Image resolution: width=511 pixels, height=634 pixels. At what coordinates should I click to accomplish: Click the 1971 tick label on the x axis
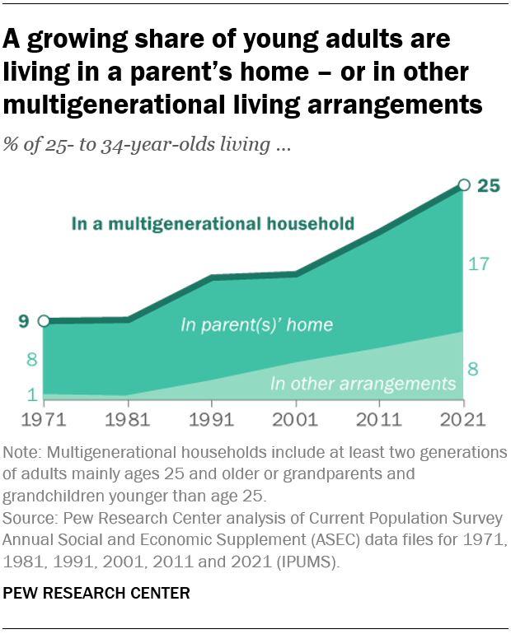coord(44,419)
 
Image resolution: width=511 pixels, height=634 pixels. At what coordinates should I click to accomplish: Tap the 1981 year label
coord(128,419)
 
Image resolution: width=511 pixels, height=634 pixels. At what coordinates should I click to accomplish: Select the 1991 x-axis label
coord(212,419)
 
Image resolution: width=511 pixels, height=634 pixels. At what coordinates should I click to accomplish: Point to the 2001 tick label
coord(296,419)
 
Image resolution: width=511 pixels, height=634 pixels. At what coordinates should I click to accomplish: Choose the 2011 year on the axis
coord(379,419)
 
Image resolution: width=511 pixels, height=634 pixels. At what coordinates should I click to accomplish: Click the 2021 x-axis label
coord(463,419)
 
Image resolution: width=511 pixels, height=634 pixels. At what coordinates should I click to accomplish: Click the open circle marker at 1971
coord(44,320)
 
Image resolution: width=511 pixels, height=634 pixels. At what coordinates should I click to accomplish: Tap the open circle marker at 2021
coord(463,186)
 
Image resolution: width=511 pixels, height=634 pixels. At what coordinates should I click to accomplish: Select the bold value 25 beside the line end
coord(489,186)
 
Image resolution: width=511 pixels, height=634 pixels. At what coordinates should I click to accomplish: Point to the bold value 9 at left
coord(25,320)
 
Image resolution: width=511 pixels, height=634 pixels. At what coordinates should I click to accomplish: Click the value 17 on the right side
coord(479,264)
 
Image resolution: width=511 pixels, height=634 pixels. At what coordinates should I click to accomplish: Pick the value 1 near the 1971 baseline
coord(30,395)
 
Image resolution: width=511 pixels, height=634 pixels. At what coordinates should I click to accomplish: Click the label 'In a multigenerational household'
coord(213,223)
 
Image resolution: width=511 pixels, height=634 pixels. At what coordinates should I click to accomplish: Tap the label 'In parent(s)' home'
coord(256,325)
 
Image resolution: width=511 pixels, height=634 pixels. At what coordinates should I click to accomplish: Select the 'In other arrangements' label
coord(363,384)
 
